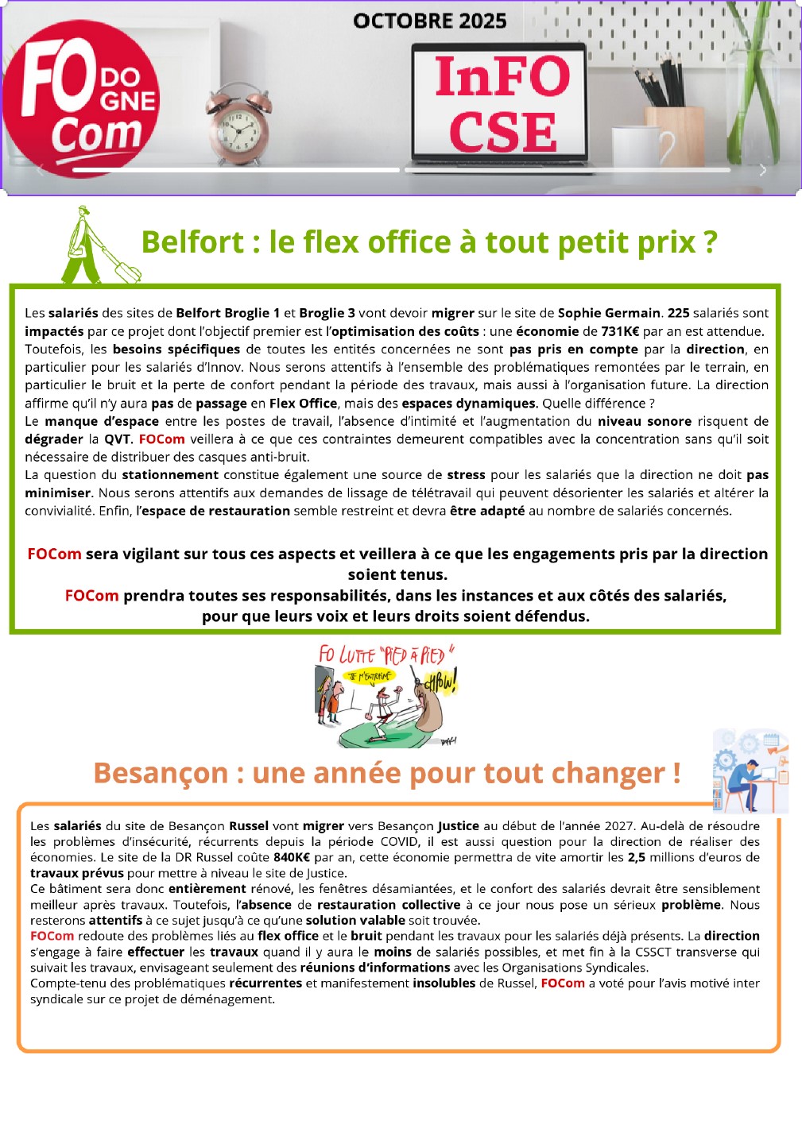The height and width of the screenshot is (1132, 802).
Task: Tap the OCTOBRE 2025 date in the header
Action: click(429, 21)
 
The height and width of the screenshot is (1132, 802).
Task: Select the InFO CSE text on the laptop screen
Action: click(502, 103)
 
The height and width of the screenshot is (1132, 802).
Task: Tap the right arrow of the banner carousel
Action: click(762, 170)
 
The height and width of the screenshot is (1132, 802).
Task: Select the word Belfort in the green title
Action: click(192, 242)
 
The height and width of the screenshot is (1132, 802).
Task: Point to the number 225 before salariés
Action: click(678, 313)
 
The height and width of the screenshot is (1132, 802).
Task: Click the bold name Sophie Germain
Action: click(609, 313)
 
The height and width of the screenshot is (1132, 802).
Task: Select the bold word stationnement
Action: click(170, 474)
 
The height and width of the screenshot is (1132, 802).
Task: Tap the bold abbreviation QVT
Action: click(117, 439)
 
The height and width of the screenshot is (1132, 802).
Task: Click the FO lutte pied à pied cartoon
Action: click(387, 696)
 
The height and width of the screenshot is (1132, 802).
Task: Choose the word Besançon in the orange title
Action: click(161, 773)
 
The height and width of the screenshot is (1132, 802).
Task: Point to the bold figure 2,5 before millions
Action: click(636, 857)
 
